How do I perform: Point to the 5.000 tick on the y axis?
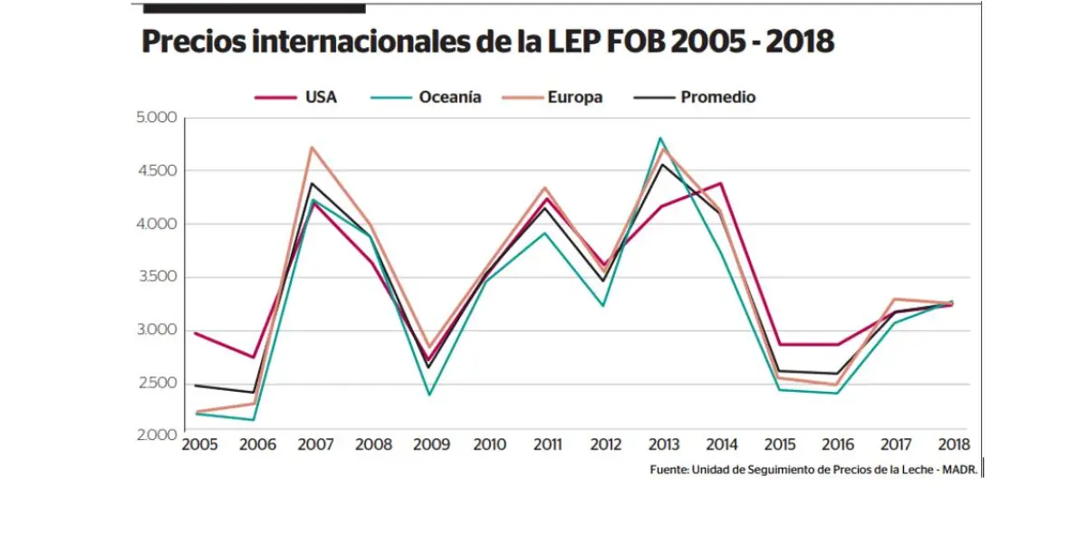click(x=156, y=119)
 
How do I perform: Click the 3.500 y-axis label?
click(x=156, y=278)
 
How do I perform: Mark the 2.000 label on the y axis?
click(x=156, y=436)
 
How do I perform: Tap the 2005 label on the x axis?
click(x=200, y=445)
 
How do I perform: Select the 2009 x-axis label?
click(x=430, y=445)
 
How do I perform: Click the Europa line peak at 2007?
click(x=312, y=147)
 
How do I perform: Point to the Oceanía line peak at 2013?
click(x=660, y=138)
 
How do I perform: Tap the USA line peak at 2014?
click(x=718, y=183)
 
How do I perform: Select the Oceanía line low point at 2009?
click(x=428, y=395)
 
